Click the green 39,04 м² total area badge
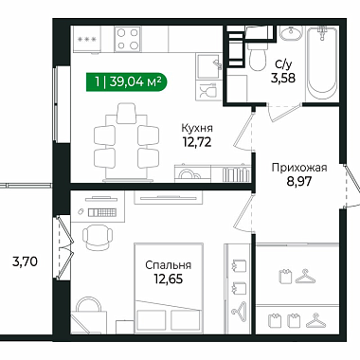coord(127,82)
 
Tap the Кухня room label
coord(197,128)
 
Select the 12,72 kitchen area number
coord(197,142)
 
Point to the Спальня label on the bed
coord(168,265)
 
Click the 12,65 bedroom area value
coord(168,279)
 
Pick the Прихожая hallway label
coord(299,168)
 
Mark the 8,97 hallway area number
coord(299,182)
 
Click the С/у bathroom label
coord(283,64)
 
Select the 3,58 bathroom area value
coord(283,78)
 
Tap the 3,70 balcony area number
coord(25,261)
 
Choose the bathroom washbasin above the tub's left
coord(291,33)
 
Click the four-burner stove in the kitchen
coord(128,39)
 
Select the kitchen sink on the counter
coord(207,66)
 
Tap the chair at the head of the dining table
coord(126,113)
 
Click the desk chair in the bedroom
coord(98,237)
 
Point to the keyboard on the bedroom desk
coord(102,212)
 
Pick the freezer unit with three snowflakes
coord(87,39)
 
